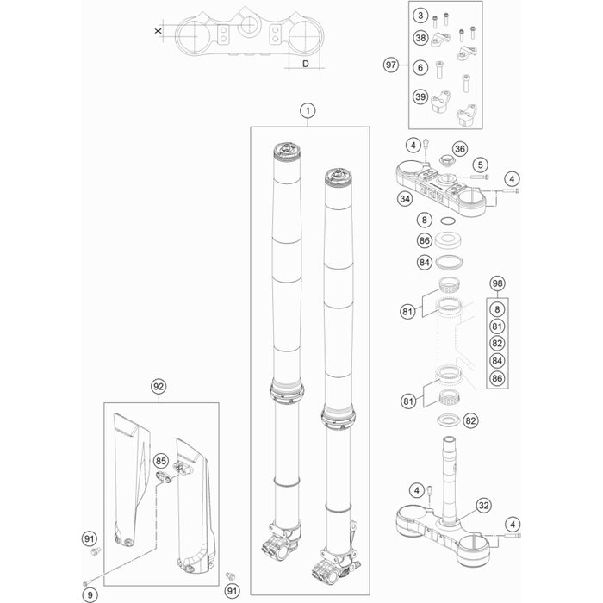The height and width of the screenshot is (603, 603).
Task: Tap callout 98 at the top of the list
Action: (496, 283)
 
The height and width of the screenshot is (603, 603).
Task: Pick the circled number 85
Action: (160, 461)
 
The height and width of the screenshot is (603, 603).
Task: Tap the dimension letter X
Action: (157, 30)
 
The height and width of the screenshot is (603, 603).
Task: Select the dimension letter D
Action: (306, 62)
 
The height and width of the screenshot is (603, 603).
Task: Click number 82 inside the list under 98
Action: (496, 342)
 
